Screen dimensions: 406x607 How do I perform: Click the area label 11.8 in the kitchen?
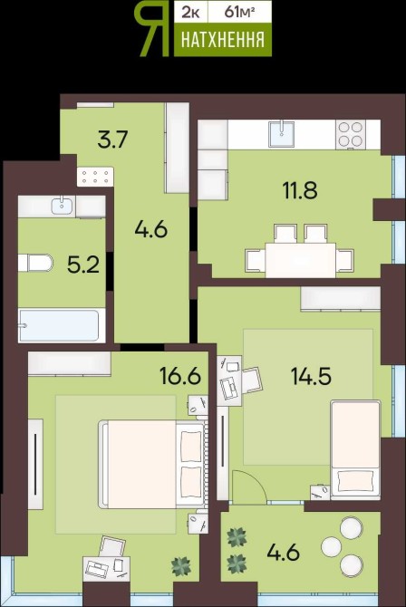click(300, 190)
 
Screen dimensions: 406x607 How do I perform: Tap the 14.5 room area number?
click(311, 376)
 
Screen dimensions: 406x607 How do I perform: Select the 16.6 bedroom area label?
click(180, 375)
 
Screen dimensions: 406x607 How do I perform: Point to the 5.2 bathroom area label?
click(83, 265)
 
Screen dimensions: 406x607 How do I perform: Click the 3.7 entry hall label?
click(112, 140)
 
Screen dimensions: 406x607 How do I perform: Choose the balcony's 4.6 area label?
click(283, 552)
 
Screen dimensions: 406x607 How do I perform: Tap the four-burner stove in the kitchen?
click(350, 134)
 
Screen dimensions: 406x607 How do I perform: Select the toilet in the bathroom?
click(35, 263)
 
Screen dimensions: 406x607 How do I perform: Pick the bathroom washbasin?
click(62, 205)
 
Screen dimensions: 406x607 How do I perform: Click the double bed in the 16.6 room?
click(152, 464)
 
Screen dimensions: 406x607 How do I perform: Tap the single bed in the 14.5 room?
click(355, 450)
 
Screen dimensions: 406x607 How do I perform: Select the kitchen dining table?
click(300, 260)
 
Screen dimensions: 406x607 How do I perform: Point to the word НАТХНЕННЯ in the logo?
click(223, 40)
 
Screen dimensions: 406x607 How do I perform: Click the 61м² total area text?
click(239, 12)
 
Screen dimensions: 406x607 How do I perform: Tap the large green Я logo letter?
click(152, 30)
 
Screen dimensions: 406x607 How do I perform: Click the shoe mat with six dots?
click(95, 177)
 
